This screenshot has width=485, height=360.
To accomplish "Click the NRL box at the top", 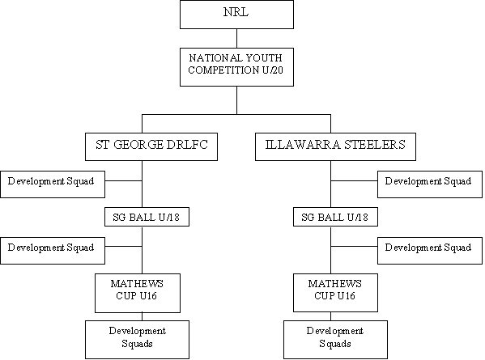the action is (236, 15).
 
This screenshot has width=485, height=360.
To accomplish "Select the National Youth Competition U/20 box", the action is (236, 67).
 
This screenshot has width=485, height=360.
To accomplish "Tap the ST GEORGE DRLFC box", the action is (151, 146).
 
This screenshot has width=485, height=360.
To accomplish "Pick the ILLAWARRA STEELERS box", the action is (335, 146).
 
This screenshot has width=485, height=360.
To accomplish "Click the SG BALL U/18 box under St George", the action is (147, 217).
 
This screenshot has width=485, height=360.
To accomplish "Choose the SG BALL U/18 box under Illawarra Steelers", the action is (335, 217).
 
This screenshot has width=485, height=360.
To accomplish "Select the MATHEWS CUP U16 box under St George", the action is (138, 293).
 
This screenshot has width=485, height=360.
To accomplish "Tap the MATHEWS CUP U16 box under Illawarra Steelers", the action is (335, 293).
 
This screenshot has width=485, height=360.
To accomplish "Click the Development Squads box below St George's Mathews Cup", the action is (137, 340).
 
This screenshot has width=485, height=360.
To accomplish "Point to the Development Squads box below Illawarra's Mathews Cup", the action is (335, 340).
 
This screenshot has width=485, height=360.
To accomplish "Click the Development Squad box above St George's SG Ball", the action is (53, 184).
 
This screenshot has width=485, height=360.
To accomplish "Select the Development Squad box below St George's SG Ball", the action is (53, 251).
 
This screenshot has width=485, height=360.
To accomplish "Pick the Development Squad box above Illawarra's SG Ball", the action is (430, 184).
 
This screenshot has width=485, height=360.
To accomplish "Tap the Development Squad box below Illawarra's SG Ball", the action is (430, 251).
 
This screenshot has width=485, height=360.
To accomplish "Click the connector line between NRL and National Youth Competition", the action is (236, 38).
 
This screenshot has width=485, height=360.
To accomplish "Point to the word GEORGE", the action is (138, 145).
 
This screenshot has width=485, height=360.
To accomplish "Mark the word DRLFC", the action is (187, 145).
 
